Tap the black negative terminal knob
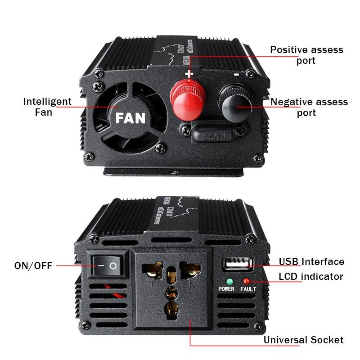[235, 97]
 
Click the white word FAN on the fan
[130, 118]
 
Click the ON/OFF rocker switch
[108, 266]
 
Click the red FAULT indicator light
[246, 281]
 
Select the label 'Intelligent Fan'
[47, 107]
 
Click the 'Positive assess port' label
[306, 55]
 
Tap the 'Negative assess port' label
[309, 108]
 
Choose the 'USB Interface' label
[311, 261]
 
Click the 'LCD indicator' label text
[310, 276]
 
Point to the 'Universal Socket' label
[303, 340]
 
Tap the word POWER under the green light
[226, 289]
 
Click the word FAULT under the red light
[248, 289]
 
